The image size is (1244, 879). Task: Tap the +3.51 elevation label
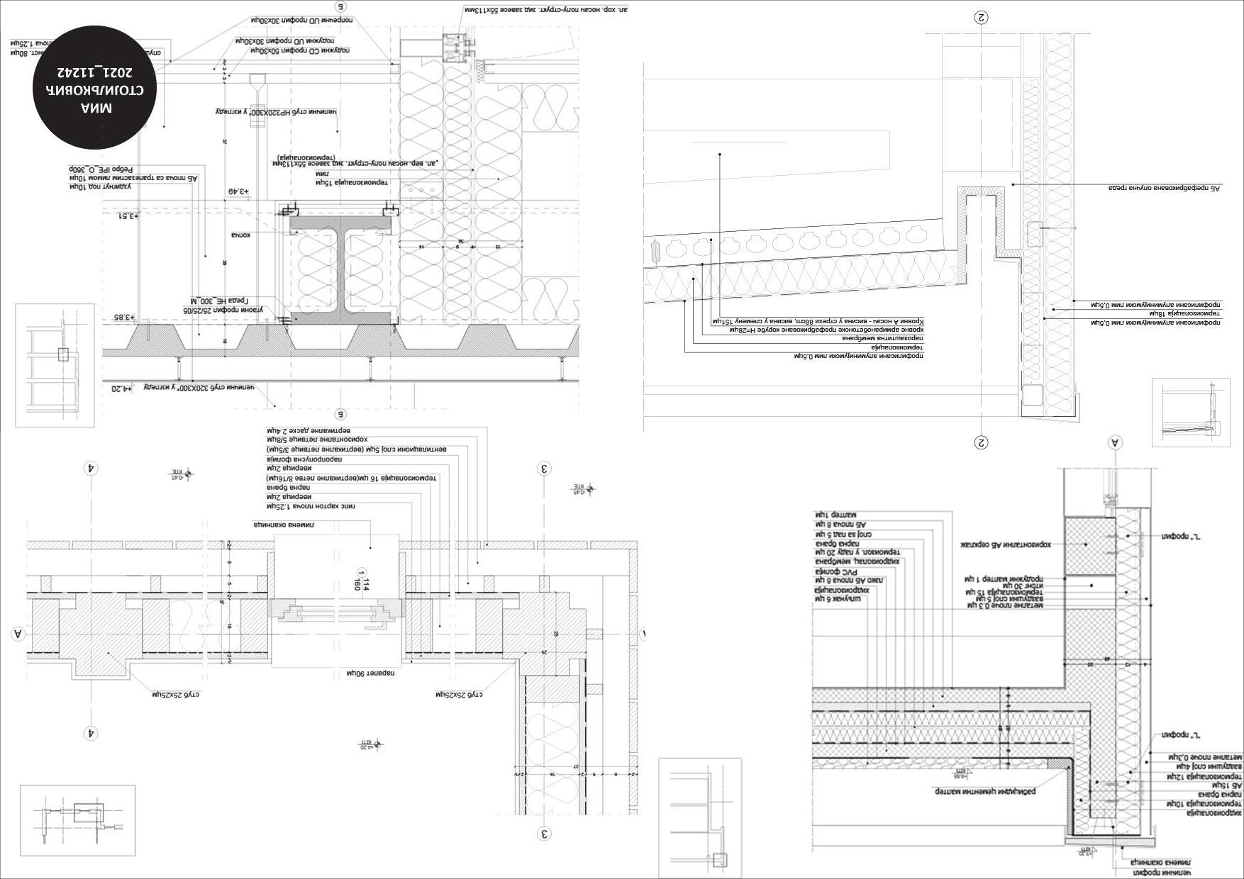[x=128, y=215]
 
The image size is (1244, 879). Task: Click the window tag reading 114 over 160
[x=362, y=583]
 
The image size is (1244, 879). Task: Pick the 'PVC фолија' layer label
[x=831, y=570]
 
